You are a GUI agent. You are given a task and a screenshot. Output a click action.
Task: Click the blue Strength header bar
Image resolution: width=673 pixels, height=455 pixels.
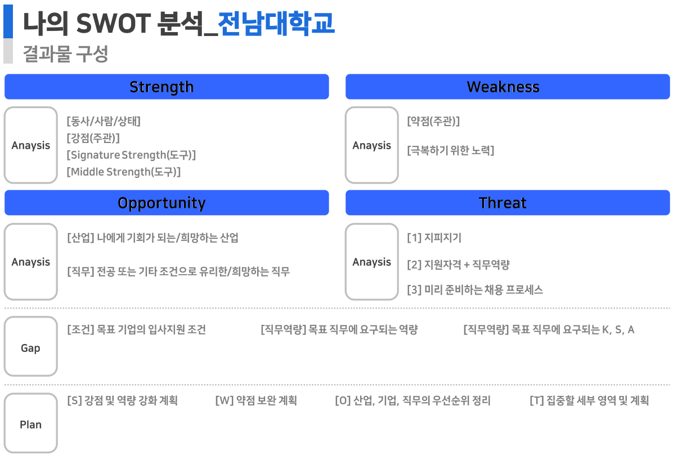167,87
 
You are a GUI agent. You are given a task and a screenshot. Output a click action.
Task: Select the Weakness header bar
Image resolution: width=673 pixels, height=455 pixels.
508,87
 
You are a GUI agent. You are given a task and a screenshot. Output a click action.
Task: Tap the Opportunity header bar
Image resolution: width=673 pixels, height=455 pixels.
167,203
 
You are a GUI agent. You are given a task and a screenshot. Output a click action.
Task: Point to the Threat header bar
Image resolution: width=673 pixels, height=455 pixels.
508,203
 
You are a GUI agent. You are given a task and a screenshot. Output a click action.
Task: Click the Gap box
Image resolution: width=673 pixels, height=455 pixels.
31,346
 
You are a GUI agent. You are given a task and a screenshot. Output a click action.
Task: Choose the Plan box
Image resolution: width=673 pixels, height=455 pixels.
31,423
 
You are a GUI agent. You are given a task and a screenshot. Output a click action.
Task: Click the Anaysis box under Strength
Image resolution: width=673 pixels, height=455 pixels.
31,145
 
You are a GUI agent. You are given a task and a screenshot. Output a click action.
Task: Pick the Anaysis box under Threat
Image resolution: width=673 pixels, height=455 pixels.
372,262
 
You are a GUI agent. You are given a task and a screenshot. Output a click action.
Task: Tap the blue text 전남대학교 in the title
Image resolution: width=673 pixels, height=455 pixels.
276,23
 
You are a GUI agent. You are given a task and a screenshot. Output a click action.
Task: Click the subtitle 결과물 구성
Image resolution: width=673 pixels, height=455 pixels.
65,53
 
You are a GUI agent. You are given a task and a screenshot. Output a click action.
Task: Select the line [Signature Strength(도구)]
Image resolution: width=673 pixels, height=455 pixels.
131,155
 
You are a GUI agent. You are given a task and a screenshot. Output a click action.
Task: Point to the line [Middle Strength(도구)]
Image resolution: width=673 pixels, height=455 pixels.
124,172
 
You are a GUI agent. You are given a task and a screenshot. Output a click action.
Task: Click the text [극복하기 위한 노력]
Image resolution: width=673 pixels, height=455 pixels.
451,150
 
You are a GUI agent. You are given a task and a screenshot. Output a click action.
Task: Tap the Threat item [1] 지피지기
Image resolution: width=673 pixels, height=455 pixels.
434,238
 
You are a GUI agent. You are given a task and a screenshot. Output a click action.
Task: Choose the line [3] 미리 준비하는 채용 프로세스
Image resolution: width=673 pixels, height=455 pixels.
475,289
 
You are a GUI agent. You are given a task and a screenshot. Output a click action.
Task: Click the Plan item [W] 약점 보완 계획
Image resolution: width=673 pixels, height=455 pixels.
256,400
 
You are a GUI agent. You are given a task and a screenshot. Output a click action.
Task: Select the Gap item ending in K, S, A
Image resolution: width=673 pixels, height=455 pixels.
549,329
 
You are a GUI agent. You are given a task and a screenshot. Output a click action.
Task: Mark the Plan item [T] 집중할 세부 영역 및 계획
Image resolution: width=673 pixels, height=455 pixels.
589,400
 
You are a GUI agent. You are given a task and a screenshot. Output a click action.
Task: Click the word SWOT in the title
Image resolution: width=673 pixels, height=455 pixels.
113,23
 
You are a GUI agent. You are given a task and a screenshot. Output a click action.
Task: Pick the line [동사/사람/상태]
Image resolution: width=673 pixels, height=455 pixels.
104,121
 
